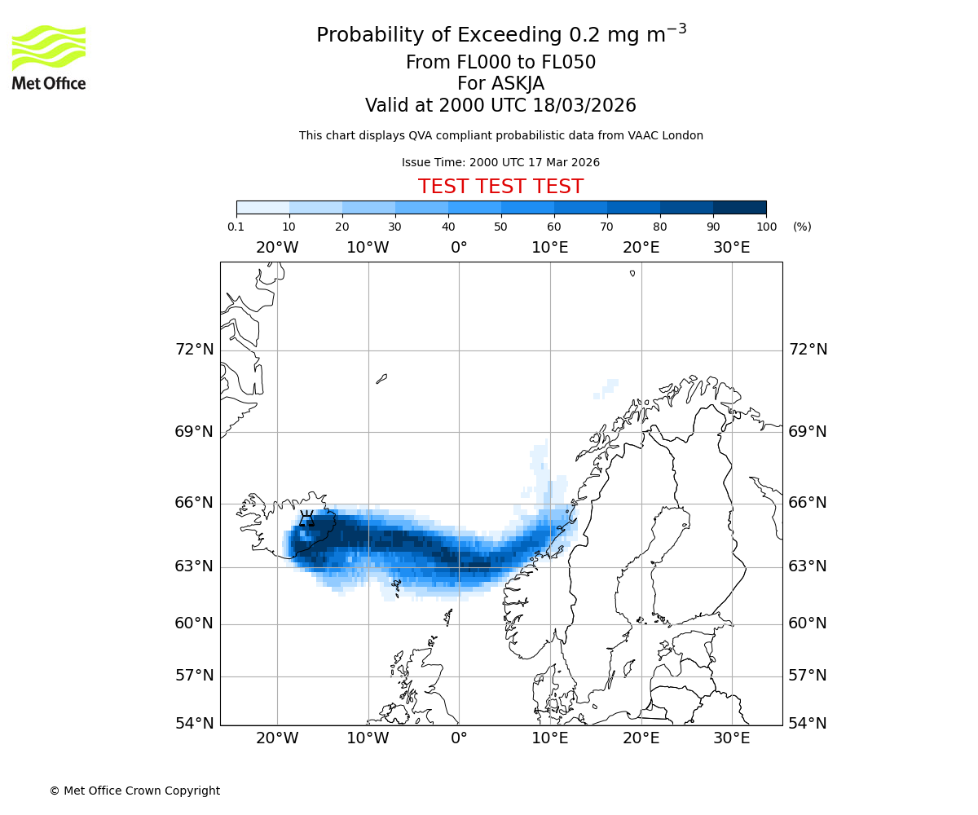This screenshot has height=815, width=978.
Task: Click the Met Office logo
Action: [x=49, y=57]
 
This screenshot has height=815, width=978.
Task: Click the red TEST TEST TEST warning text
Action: [x=500, y=187]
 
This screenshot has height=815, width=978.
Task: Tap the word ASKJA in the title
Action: [x=518, y=84]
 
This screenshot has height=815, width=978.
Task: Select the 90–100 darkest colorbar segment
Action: [x=739, y=207]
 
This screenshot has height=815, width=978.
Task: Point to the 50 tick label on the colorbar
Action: [x=500, y=227]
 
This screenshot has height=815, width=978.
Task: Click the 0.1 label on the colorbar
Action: [x=236, y=227]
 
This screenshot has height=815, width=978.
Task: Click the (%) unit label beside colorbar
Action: [x=802, y=227]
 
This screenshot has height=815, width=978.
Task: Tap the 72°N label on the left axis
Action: [x=194, y=350]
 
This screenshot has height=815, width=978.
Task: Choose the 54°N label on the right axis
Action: [x=808, y=724]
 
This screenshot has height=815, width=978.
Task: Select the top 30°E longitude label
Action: [x=731, y=248]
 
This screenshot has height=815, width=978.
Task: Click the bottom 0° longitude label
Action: [x=459, y=738]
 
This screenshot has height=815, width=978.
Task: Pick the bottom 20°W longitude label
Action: [x=277, y=738]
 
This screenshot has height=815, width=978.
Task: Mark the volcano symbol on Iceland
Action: [x=306, y=518]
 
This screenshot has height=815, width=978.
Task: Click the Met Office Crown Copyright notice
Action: [x=134, y=791]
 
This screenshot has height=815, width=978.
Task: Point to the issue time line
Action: [x=500, y=162]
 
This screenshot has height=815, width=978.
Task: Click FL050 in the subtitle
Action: [x=568, y=63]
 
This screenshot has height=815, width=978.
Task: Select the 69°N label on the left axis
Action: [x=194, y=432]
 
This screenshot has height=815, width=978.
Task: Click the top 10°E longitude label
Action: [x=549, y=248]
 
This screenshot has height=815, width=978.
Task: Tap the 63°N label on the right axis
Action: [x=808, y=566]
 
